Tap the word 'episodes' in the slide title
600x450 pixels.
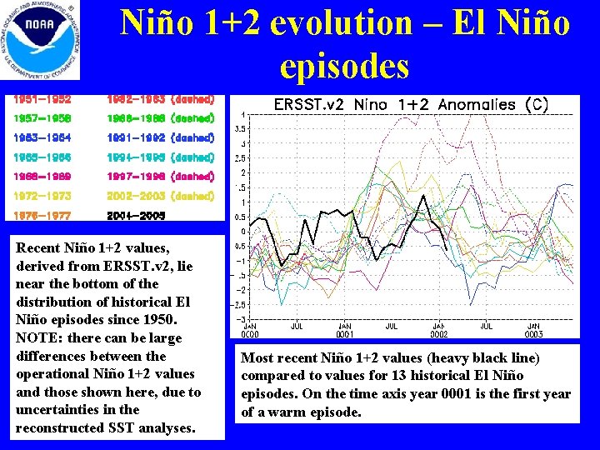pyautogui.click(x=345, y=66)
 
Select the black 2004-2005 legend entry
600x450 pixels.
pyautogui.click(x=137, y=215)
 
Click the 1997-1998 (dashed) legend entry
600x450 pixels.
pyautogui.click(x=162, y=177)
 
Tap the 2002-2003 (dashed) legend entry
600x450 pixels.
pyautogui.click(x=162, y=196)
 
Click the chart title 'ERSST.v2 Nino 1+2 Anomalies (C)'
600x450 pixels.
pyautogui.click(x=412, y=105)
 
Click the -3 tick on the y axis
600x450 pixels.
pyautogui.click(x=241, y=319)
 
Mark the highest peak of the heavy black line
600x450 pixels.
pyautogui.click(x=424, y=196)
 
